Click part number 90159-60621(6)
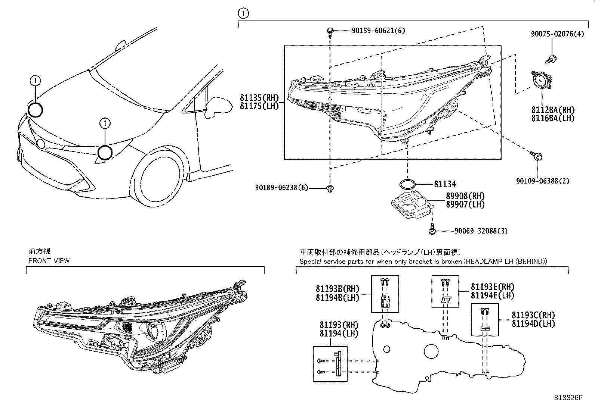pos(378,31)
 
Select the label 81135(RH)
pos(259,98)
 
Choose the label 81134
pos(445,184)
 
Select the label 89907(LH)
pos(465,204)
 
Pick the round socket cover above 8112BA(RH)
pos(540,81)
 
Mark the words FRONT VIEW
pos(49,260)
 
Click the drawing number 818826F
pos(568,398)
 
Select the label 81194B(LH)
pos(337,297)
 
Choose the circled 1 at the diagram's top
pos(243,14)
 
